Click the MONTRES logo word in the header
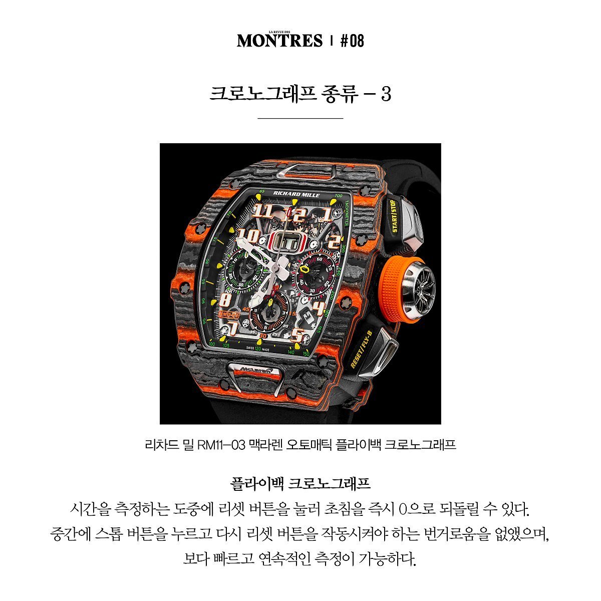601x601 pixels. tap(279, 41)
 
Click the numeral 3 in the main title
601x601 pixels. tap(386, 94)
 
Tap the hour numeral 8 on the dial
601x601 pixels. tap(226, 300)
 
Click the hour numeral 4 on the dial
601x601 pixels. tap(319, 307)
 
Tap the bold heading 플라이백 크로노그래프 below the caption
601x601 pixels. tap(300, 484)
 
